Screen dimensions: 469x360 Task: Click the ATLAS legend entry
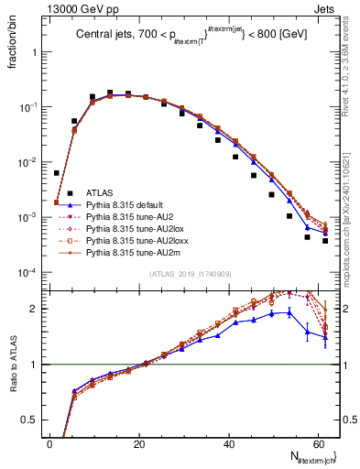tap(100, 192)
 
